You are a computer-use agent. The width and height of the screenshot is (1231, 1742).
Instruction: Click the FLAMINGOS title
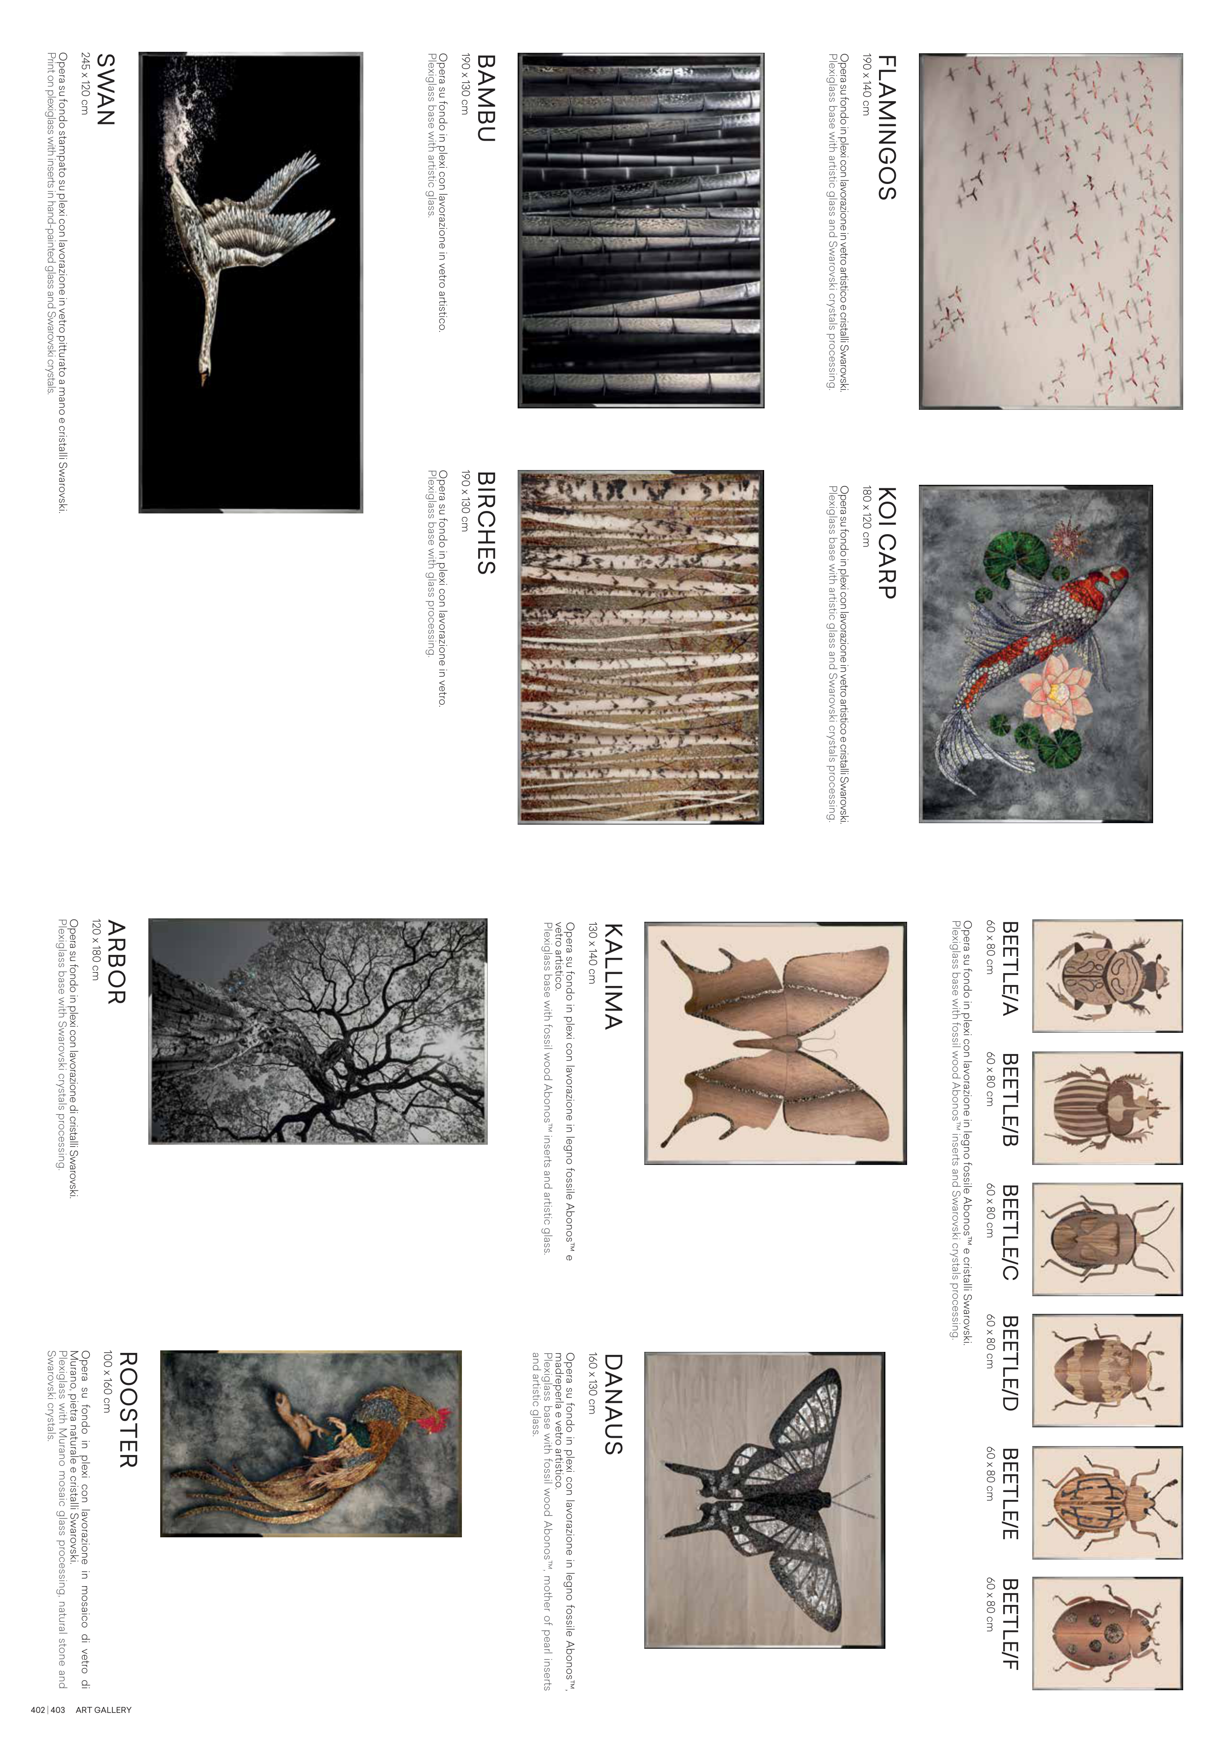point(887,127)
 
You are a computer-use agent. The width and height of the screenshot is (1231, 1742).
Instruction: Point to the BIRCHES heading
point(486,523)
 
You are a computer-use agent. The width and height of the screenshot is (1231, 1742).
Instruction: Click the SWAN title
point(106,90)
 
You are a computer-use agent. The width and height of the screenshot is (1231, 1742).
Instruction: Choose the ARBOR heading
point(116,962)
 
